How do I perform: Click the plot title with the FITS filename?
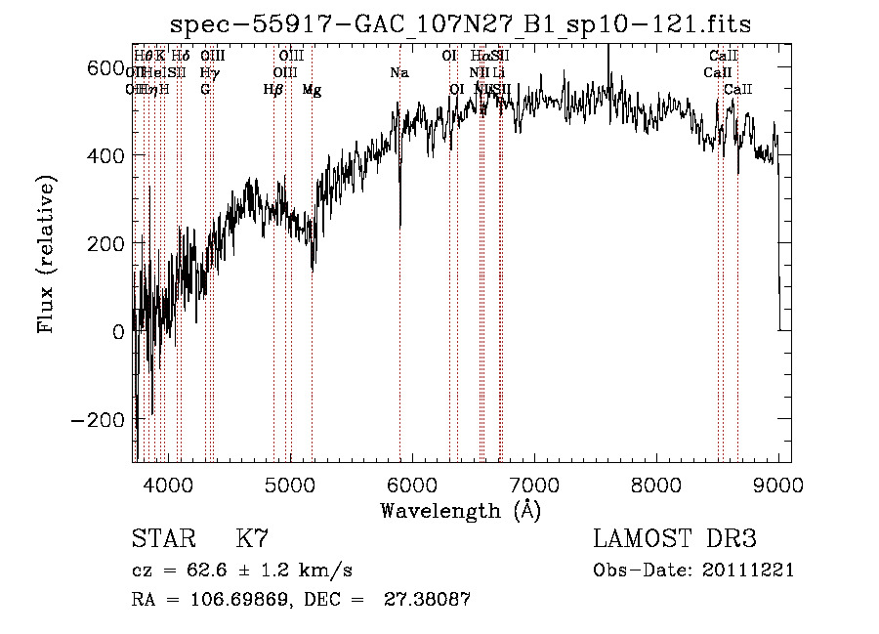pyautogui.click(x=460, y=24)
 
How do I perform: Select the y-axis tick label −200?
pyautogui.click(x=97, y=419)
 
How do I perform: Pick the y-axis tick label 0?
pyautogui.click(x=118, y=331)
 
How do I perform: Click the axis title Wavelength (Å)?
pyautogui.click(x=460, y=510)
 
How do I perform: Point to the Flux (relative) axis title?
pyautogui.click(x=47, y=254)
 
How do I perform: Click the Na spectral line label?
pyautogui.click(x=398, y=73)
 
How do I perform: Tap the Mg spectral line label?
pyautogui.click(x=312, y=90)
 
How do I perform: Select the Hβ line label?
pyautogui.click(x=273, y=90)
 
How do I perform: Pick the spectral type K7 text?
pyautogui.click(x=252, y=539)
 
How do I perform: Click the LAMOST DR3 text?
pyautogui.click(x=675, y=539)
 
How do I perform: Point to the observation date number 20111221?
pyautogui.click(x=746, y=571)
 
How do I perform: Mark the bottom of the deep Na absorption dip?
pyautogui.click(x=400, y=227)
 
